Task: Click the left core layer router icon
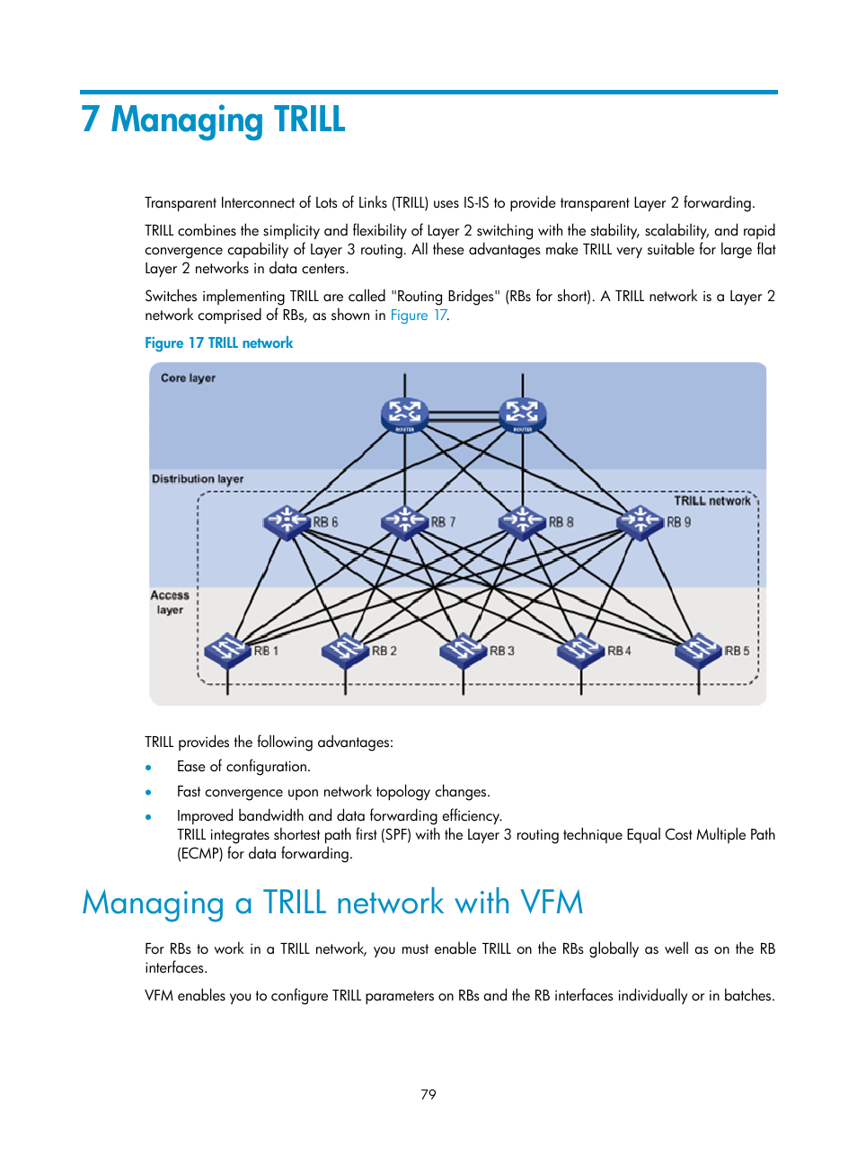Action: pyautogui.click(x=404, y=414)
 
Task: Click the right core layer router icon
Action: pyautogui.click(x=522, y=414)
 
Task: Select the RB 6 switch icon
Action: pyautogui.click(x=287, y=521)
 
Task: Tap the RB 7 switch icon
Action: pyautogui.click(x=404, y=521)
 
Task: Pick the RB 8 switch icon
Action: pyautogui.click(x=522, y=521)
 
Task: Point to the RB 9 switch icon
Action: pyautogui.click(x=640, y=521)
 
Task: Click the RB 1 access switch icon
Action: pyautogui.click(x=227, y=650)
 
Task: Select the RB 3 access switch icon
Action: pyautogui.click(x=463, y=650)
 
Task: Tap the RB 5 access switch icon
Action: pyautogui.click(x=698, y=650)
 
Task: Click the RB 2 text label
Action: pyautogui.click(x=384, y=651)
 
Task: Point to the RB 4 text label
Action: pyautogui.click(x=620, y=651)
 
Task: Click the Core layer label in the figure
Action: pyautogui.click(x=188, y=378)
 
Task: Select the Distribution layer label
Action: pyautogui.click(x=198, y=479)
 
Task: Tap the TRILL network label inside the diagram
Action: pyautogui.click(x=712, y=501)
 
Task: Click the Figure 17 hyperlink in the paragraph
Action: pyautogui.click(x=419, y=316)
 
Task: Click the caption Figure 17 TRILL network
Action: pyautogui.click(x=219, y=343)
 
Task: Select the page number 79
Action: pyautogui.click(x=428, y=1094)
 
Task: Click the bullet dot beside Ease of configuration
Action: pyautogui.click(x=149, y=768)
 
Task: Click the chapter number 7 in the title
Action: pyautogui.click(x=90, y=120)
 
